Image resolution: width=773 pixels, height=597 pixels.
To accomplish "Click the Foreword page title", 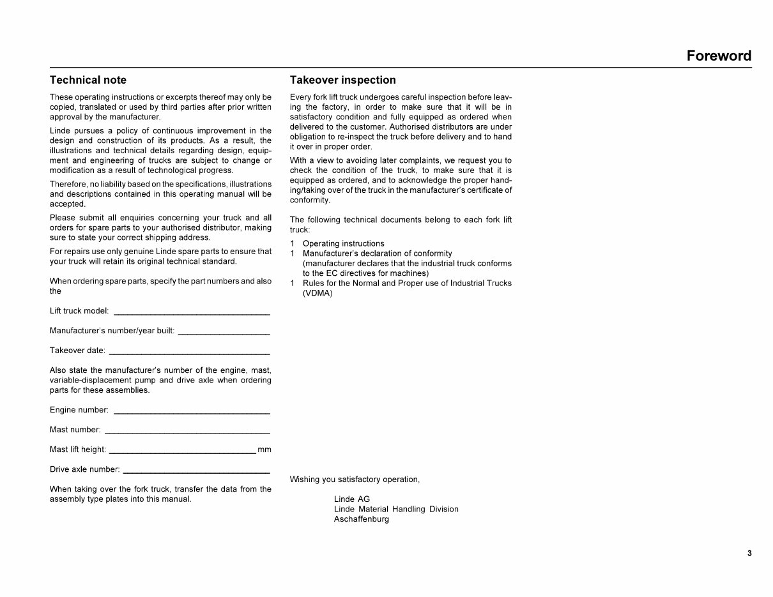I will tap(719, 56).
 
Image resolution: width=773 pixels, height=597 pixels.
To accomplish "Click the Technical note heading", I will tap(88, 80).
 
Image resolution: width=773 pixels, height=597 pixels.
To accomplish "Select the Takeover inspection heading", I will tap(342, 80).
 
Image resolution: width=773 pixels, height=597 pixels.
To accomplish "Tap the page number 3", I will tap(749, 553).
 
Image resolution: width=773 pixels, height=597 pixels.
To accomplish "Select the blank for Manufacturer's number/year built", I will tap(224, 333).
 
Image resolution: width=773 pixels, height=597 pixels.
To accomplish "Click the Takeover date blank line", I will tap(189, 352).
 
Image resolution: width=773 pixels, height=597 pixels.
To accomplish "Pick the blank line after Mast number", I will tap(187, 432).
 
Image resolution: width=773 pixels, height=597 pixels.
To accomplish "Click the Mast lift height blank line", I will tap(182, 451).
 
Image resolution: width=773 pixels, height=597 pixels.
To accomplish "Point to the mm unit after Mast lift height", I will tap(264, 450).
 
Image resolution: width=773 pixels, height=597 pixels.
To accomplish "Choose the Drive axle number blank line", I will tap(195, 471).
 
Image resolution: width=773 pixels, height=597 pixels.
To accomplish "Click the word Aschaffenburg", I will tap(361, 519).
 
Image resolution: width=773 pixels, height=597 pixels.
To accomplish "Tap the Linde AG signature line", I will tap(351, 499).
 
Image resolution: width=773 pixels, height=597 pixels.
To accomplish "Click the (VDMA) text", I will tap(318, 293).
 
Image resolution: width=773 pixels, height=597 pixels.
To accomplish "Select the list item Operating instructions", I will tap(343, 243).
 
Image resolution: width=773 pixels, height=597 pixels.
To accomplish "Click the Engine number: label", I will tap(79, 410).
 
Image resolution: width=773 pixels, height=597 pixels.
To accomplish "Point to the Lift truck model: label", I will tap(79, 311).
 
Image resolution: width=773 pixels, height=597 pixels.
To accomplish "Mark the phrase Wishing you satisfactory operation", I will tap(355, 480).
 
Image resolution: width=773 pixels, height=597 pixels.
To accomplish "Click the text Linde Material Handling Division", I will tap(395, 509).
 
